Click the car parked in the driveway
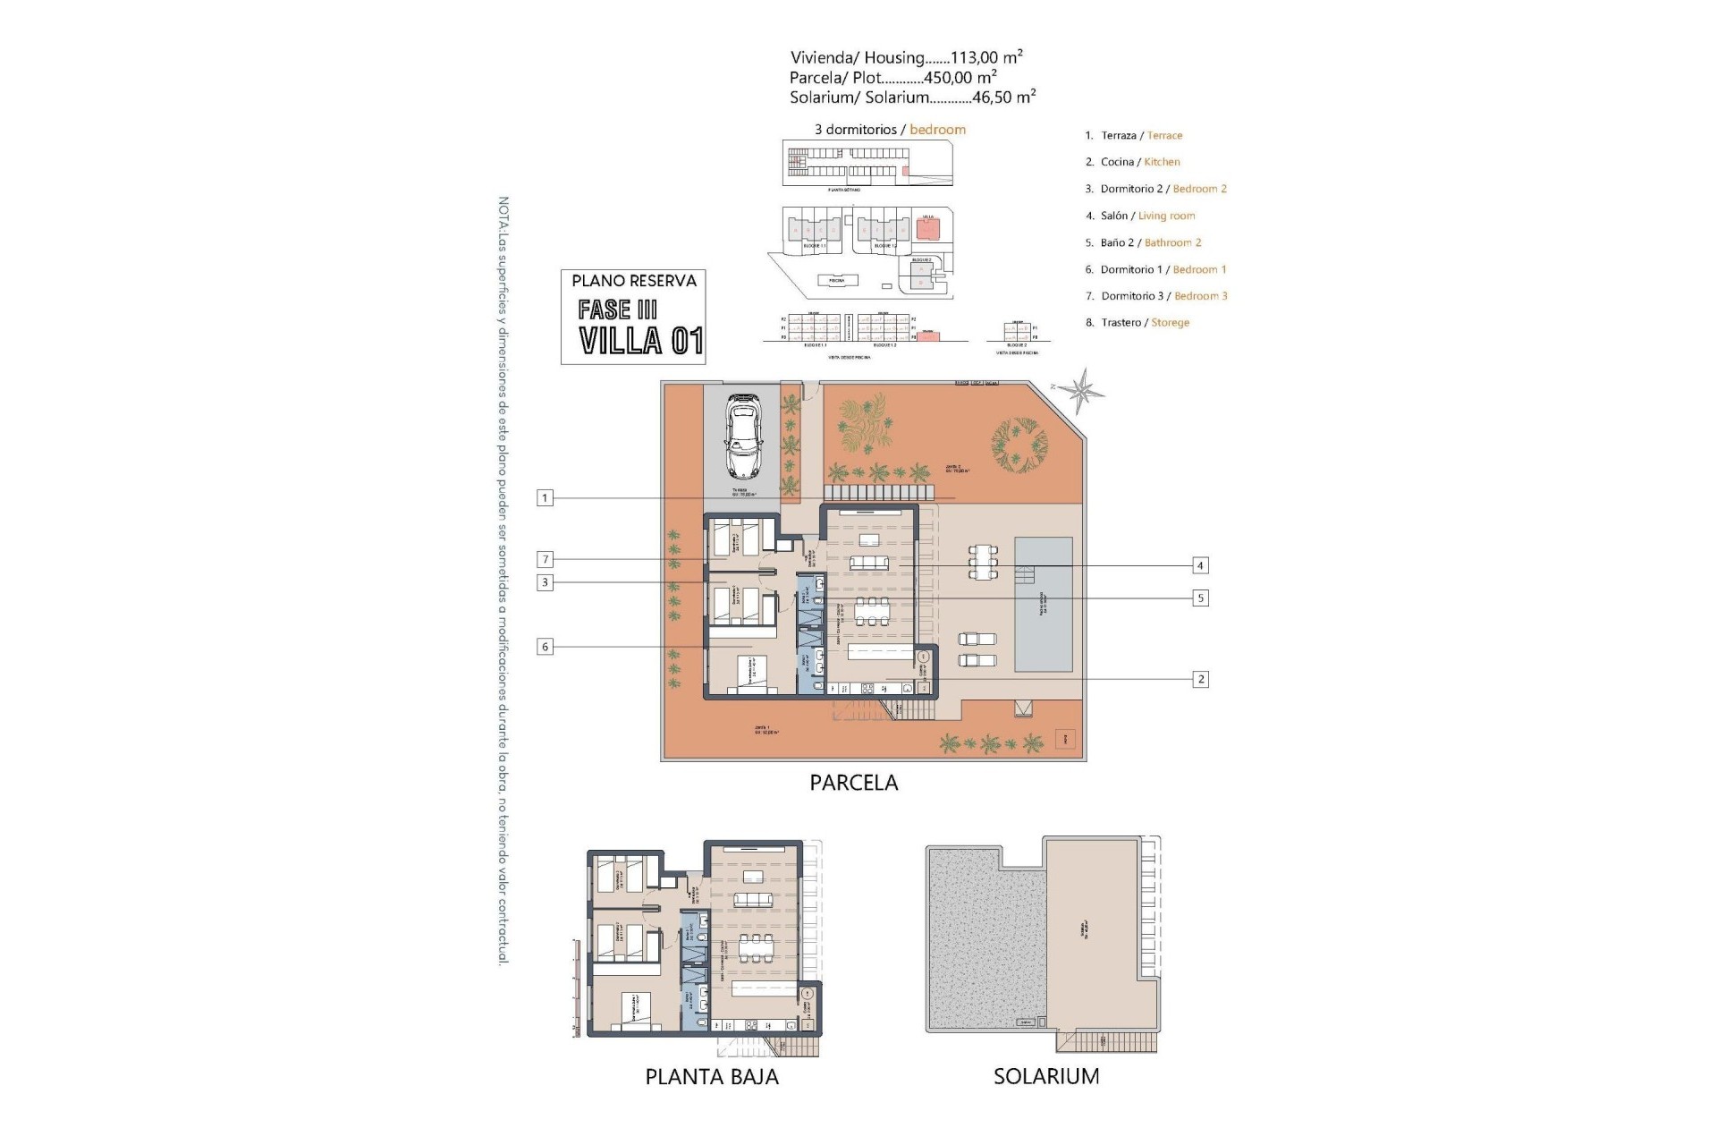tap(743, 436)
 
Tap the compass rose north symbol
tap(1083, 391)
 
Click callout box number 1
tap(545, 498)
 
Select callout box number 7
tap(545, 560)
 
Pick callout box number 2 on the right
tap(1201, 679)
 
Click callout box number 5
tap(1201, 598)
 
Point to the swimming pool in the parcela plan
tap(1044, 605)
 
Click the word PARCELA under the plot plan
tap(853, 783)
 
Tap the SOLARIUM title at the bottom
tap(1046, 1076)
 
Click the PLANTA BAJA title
tap(712, 1076)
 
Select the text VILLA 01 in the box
tap(640, 341)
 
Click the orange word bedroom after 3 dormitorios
tap(937, 130)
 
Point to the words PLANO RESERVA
tap(634, 281)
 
